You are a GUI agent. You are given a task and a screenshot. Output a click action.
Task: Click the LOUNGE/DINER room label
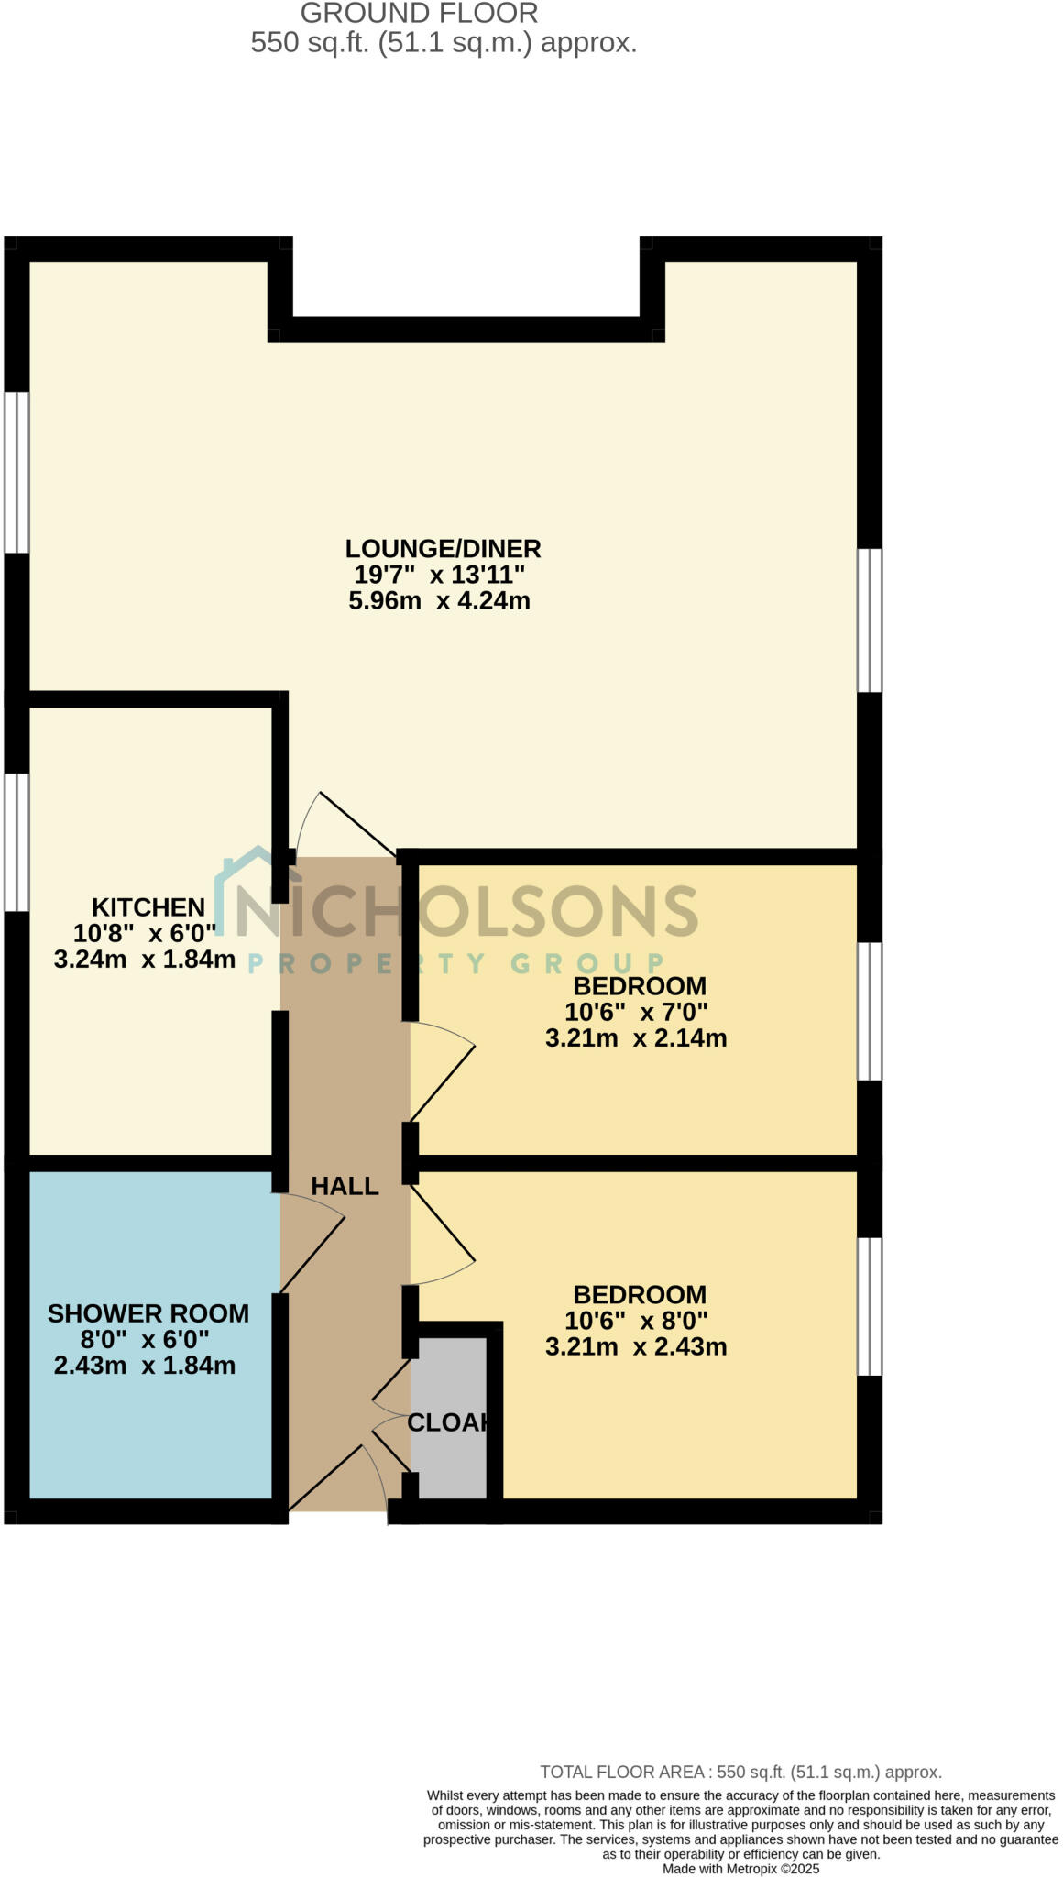coord(443,549)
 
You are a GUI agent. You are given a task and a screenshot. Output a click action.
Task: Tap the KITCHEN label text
coord(148,907)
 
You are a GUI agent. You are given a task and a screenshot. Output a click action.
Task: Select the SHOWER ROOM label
coord(148,1313)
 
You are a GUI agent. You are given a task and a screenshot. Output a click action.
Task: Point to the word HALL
coord(345,1186)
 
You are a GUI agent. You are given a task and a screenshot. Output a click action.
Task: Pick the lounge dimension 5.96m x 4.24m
coord(440,601)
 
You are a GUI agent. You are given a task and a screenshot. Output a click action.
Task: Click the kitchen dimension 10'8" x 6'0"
coord(145,934)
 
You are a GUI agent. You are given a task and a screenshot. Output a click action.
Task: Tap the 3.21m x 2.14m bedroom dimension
coord(636,1038)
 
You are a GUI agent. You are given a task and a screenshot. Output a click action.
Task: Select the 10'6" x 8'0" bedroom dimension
coord(637,1321)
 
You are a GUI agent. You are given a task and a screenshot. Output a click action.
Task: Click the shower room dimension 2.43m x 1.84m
coord(145,1366)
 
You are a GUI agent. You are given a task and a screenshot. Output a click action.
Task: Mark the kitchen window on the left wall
coord(16,841)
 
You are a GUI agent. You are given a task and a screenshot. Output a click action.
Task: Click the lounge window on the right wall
coord(870,620)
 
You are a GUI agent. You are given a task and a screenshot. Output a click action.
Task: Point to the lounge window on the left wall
coord(16,472)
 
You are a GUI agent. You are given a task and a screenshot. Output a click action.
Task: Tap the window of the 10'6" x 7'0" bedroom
coord(870,1011)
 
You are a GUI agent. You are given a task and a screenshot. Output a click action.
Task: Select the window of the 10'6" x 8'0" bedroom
coord(870,1306)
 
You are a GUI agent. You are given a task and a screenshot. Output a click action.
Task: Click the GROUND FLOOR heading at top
coord(420,14)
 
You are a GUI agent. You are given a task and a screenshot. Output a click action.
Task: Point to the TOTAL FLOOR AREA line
coord(740,1773)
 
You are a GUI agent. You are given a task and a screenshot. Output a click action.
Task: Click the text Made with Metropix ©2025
coord(740,1869)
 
